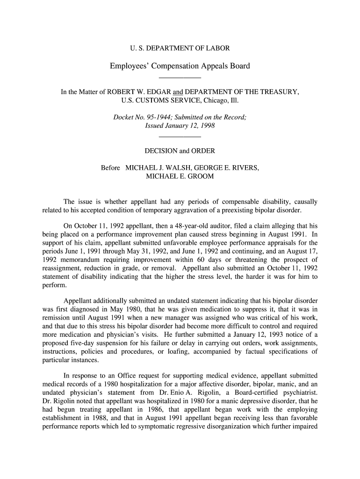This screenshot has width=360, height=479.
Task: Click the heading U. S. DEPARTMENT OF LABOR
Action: (180, 48)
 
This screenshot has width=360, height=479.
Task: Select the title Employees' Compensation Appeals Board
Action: (180, 66)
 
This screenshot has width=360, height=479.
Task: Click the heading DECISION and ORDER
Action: (180, 151)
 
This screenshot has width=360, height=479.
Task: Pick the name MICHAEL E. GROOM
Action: (180, 176)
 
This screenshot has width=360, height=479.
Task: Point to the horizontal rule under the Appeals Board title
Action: (180, 77)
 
